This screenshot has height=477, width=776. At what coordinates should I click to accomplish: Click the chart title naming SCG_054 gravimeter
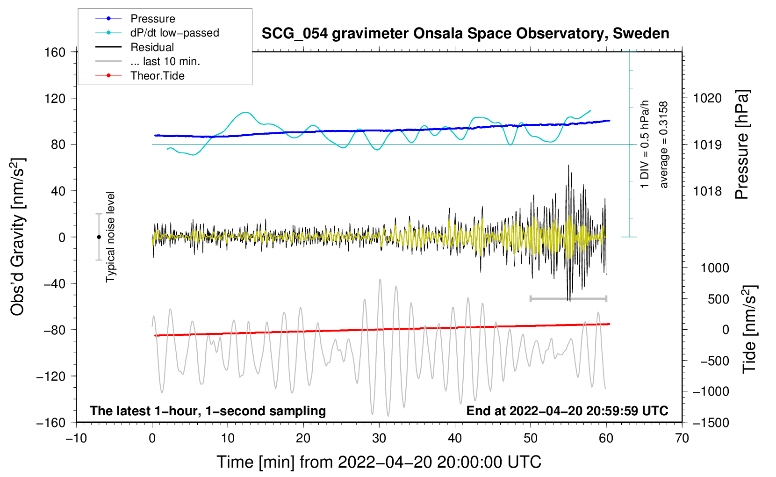point(465,34)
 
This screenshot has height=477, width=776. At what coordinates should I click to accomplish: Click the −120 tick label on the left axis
point(51,376)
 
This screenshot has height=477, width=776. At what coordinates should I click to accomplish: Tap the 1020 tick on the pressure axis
point(707,98)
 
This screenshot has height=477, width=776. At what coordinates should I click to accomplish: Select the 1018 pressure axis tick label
point(707,191)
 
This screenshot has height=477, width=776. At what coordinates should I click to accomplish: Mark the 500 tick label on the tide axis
point(719,299)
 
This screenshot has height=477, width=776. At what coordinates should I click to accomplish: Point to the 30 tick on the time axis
point(379,439)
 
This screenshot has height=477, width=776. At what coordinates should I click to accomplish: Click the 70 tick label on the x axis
point(682,439)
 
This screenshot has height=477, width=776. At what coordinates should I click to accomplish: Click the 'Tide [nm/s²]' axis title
point(749,329)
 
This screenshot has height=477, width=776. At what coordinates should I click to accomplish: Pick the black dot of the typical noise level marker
point(99,237)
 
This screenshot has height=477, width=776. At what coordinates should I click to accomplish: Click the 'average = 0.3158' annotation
point(663,145)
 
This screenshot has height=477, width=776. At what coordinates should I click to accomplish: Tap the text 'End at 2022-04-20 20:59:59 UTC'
point(567,411)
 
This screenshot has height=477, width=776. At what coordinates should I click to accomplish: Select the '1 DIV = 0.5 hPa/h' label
point(644,145)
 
